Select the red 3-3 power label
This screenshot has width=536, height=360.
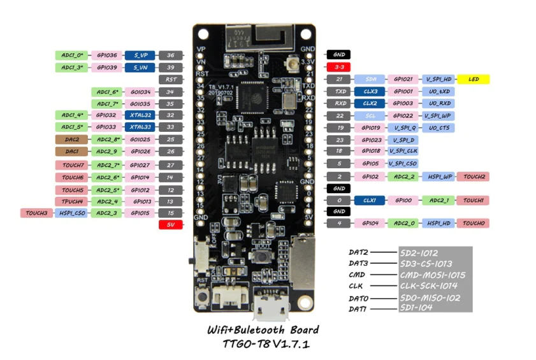point(338,67)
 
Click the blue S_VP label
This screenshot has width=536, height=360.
point(140,55)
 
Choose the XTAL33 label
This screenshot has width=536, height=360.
point(140,127)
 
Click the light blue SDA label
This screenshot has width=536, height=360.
point(371,80)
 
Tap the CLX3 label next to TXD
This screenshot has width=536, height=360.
point(370,92)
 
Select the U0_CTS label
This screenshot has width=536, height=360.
point(440,127)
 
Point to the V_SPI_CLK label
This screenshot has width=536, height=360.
point(403,151)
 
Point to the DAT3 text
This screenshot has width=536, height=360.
point(358,263)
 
